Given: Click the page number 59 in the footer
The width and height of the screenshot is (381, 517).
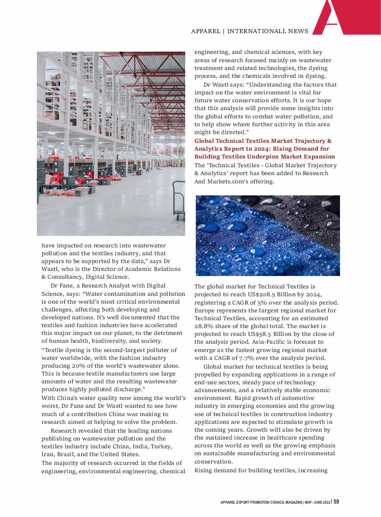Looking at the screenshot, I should coord(336,502).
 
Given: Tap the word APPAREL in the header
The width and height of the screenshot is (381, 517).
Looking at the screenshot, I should coord(205,31).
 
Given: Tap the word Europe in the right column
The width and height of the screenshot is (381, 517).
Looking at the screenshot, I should coord(205,310).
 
